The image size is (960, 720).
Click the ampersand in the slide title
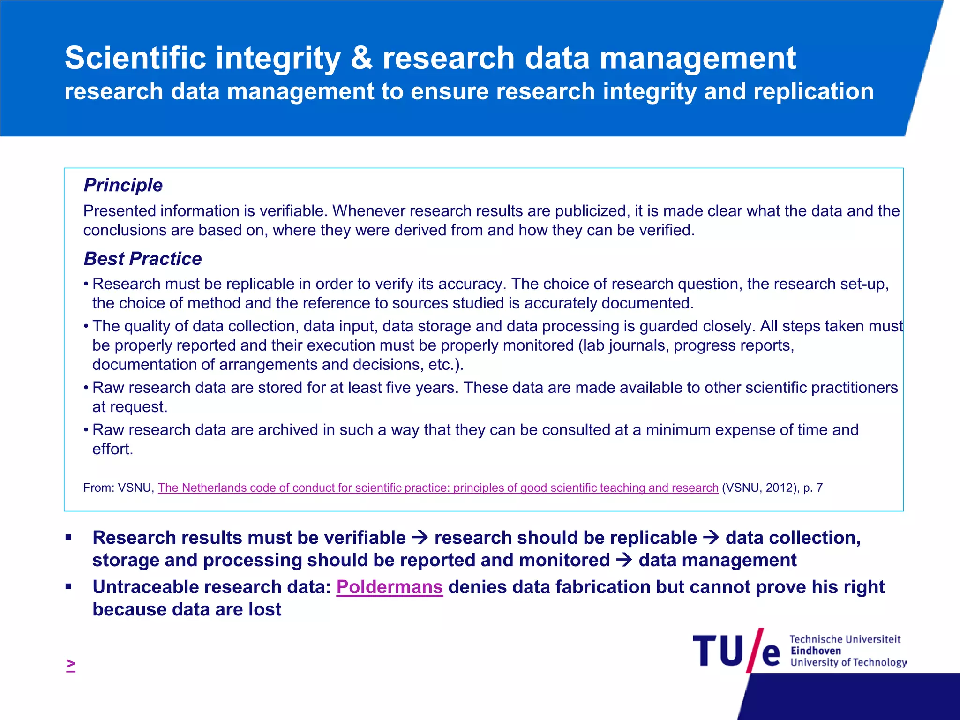point(361,59)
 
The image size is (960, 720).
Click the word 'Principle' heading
point(123,185)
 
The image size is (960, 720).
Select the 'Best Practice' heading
point(142,259)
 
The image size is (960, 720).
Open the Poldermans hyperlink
point(390,587)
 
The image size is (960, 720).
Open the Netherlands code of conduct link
point(438,488)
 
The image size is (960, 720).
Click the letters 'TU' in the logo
point(718,651)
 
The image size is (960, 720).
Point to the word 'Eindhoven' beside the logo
point(816,651)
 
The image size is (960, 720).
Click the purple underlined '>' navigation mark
point(71,665)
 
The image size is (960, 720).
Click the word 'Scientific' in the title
point(135,59)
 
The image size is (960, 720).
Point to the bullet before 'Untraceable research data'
point(69,586)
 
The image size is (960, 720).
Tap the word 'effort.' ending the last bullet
point(113,449)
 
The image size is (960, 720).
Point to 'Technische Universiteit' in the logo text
point(845,639)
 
